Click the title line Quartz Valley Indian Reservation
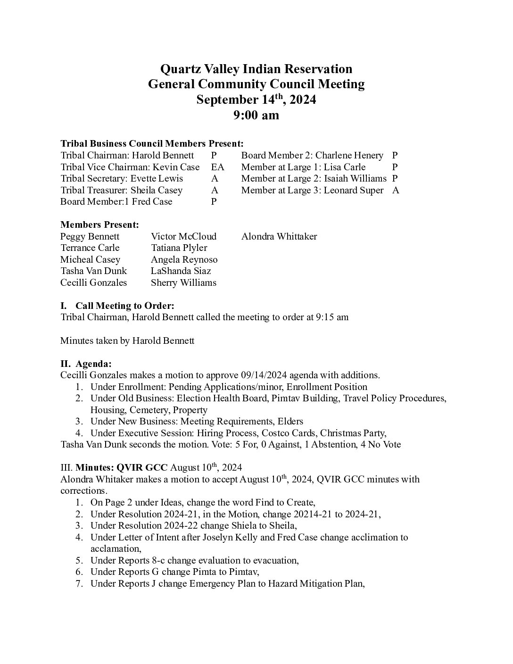256,69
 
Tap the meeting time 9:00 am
256,115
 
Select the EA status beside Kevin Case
217,167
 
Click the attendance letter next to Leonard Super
396,190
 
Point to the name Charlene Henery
349,155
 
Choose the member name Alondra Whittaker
279,236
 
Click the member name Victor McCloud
183,236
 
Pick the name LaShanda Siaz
181,271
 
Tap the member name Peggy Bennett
90,236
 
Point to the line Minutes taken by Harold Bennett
127,340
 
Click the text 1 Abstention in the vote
329,444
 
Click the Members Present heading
99,224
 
